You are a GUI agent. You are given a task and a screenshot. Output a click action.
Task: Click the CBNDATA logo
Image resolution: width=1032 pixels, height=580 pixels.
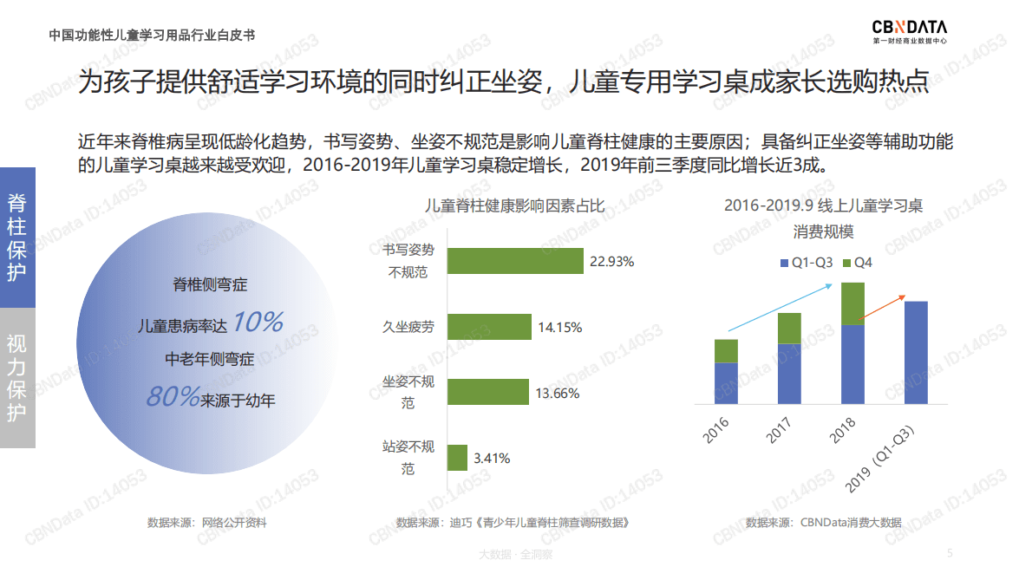pyautogui.click(x=909, y=32)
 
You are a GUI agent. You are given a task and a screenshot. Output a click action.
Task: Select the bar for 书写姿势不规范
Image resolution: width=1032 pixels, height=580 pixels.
pyautogui.click(x=515, y=261)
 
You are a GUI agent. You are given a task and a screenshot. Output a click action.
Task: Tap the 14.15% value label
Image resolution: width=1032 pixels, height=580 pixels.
pyautogui.click(x=559, y=328)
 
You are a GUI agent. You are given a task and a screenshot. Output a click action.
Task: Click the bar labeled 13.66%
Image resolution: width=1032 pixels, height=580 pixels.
pyautogui.click(x=487, y=392)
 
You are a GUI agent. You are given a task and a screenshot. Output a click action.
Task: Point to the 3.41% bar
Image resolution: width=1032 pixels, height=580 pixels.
pyautogui.click(x=457, y=458)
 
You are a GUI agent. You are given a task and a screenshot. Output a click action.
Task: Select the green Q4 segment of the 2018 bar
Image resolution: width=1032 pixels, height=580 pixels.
pyautogui.click(x=853, y=303)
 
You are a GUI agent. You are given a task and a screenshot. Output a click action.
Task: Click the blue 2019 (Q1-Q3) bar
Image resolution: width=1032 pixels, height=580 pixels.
pyautogui.click(x=916, y=352)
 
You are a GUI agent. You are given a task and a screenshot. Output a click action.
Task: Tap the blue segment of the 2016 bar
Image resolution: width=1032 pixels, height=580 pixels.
pyautogui.click(x=726, y=382)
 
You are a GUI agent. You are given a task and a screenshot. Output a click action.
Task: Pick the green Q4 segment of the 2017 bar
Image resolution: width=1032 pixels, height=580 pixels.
pyautogui.click(x=789, y=328)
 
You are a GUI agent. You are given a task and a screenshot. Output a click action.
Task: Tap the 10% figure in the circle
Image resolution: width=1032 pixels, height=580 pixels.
pyautogui.click(x=258, y=323)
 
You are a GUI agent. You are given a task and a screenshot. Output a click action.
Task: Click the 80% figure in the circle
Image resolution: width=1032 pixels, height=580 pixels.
pyautogui.click(x=173, y=397)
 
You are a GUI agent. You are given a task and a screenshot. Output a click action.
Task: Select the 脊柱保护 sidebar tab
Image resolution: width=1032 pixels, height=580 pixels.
pyautogui.click(x=17, y=238)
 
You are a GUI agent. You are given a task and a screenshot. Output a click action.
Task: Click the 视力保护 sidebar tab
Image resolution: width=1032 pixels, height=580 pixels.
pyautogui.click(x=17, y=377)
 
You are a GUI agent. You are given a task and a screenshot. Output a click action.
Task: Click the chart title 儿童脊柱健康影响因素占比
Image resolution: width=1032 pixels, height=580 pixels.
pyautogui.click(x=514, y=205)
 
